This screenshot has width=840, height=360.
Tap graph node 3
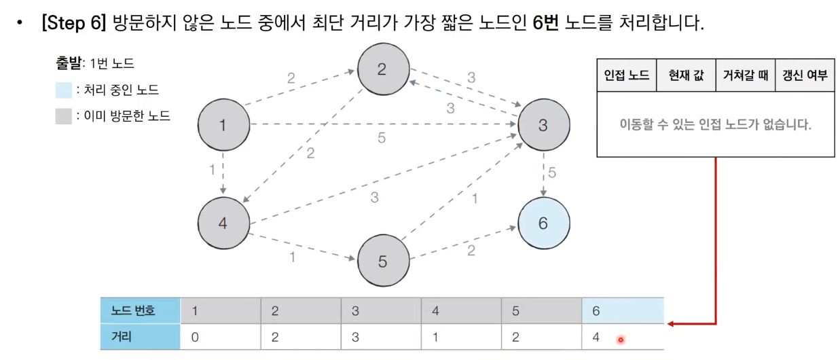coord(543,125)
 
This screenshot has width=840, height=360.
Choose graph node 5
coord(383,261)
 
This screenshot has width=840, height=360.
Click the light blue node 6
coord(543,223)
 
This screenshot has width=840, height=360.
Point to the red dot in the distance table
coord(620,340)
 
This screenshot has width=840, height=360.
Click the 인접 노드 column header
coord(626,75)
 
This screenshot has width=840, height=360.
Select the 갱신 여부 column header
coord(805,75)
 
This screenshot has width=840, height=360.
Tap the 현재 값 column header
coord(686,75)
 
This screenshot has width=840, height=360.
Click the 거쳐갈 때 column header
coord(745,75)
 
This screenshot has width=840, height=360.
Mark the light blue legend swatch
coord(64,90)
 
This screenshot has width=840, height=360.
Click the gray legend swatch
coord(64,116)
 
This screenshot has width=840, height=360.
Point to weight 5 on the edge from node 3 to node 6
coord(552,173)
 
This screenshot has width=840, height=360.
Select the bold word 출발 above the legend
coord(68,64)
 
